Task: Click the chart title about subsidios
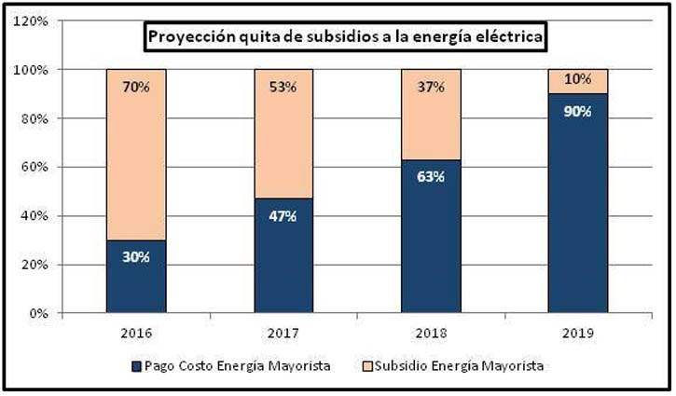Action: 343,38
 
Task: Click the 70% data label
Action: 136,89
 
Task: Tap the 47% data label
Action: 283,216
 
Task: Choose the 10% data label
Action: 578,80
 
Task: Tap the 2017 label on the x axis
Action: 283,332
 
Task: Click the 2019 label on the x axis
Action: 577,332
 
